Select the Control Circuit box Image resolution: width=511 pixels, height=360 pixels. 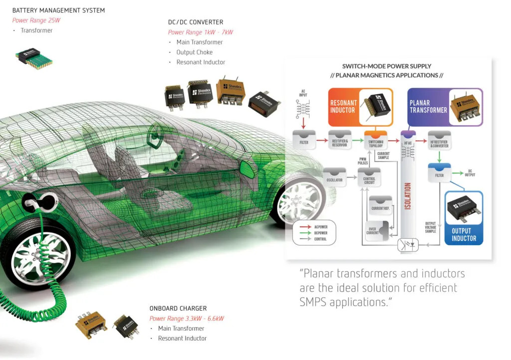[369, 178]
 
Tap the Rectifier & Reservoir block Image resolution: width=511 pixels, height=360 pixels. [340, 142]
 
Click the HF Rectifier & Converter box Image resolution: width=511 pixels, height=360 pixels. [439, 142]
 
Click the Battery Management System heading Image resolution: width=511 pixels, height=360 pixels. [58, 10]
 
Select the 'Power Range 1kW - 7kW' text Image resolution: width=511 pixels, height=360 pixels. [200, 32]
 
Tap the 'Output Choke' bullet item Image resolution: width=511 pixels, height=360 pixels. [194, 52]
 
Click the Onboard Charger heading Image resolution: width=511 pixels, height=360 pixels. [178, 309]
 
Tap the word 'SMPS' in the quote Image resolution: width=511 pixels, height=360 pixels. [316, 302]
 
